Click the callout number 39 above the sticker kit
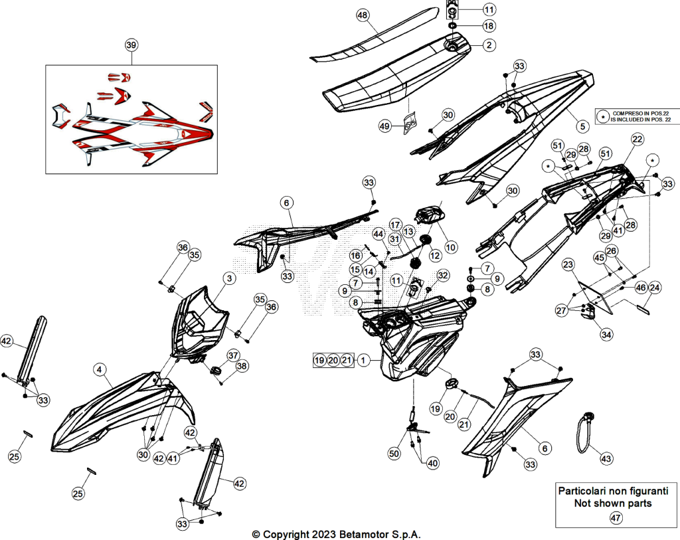[x=131, y=45]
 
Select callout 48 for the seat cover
[x=362, y=15]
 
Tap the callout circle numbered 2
[x=489, y=45]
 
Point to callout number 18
[x=489, y=26]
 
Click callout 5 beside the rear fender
[x=582, y=126]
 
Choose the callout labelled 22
[x=637, y=139]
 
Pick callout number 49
[x=384, y=126]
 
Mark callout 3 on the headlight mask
[x=229, y=278]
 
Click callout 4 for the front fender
[x=100, y=369]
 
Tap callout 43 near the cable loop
[x=606, y=458]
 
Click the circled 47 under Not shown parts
[x=616, y=517]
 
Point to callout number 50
[x=394, y=454]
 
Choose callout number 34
[x=606, y=334]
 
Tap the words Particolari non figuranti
[x=613, y=491]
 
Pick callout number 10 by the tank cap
[x=451, y=247]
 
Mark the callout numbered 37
[x=233, y=355]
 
